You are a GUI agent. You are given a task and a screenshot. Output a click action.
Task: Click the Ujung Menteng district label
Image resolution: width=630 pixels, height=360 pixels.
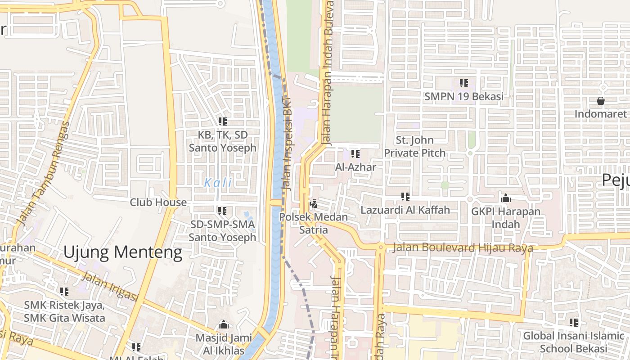(122, 252)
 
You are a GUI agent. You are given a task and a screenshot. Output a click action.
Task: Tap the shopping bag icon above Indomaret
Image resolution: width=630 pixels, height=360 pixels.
(600, 100)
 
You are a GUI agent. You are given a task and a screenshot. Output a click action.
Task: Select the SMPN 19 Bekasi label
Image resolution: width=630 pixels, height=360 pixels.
(463, 97)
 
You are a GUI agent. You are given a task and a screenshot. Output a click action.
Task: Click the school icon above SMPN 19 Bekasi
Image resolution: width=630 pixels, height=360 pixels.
(463, 83)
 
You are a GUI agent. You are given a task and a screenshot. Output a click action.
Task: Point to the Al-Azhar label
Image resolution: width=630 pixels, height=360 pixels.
(355, 167)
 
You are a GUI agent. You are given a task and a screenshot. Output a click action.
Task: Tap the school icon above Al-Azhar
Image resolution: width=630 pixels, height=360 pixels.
(355, 154)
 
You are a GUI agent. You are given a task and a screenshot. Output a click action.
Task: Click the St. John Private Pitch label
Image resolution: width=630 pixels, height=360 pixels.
(414, 147)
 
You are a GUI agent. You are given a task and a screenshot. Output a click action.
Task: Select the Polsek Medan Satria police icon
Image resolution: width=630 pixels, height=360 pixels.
(313, 204)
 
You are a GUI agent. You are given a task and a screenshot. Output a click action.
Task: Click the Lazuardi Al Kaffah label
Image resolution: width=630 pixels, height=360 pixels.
(405, 210)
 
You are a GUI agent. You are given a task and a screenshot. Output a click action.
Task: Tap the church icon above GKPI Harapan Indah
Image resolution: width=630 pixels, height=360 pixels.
(506, 198)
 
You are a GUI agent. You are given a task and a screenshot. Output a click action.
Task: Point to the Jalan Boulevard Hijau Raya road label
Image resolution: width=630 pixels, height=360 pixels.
(463, 248)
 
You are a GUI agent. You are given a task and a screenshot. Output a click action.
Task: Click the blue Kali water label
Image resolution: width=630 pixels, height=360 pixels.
(218, 183)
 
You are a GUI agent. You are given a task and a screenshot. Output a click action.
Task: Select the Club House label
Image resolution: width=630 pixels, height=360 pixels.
(158, 202)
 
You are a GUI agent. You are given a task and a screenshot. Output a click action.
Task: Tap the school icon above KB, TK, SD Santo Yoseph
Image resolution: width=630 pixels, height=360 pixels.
(222, 121)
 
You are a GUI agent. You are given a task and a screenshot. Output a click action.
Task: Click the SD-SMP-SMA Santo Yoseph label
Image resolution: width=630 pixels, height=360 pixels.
(222, 231)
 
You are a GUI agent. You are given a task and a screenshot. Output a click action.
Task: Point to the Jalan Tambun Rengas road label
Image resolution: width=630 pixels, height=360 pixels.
(43, 173)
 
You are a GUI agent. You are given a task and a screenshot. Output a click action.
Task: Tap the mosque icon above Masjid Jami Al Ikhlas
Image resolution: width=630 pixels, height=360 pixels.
(222, 325)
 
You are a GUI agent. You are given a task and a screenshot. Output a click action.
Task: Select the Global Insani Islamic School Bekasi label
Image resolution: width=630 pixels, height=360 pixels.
(573, 342)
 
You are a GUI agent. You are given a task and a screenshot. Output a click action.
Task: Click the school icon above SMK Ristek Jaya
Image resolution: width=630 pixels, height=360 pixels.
(64, 292)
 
